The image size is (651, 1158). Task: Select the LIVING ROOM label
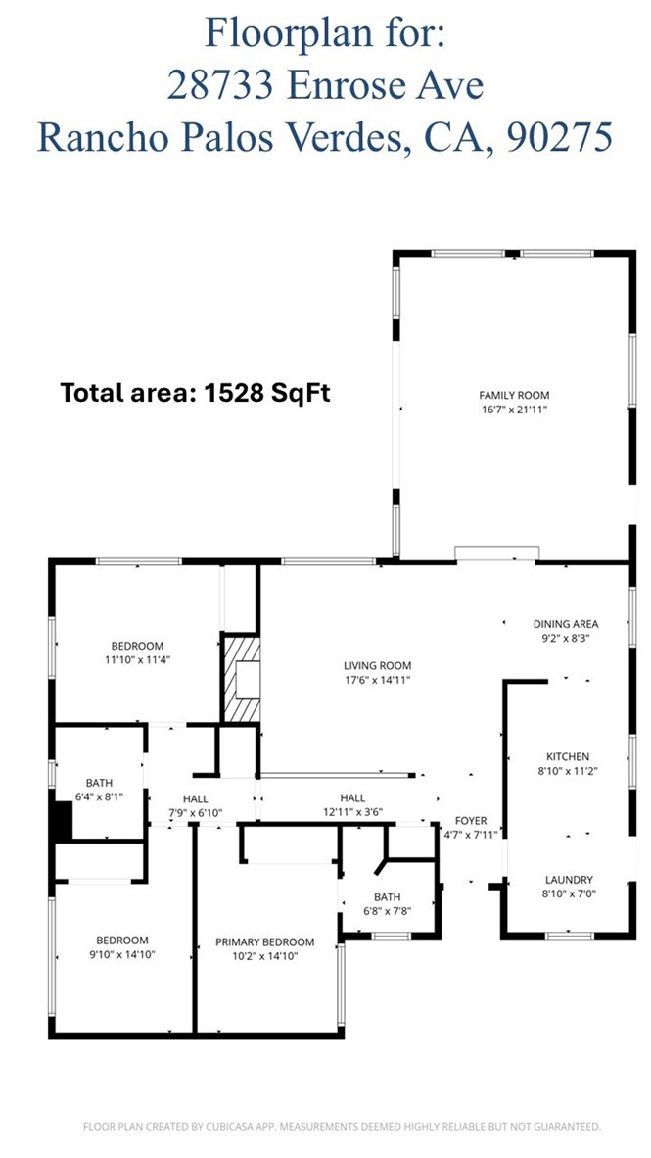(377, 665)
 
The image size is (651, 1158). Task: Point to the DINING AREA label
(565, 623)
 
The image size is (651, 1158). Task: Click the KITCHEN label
(567, 756)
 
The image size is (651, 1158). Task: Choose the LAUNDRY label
(567, 880)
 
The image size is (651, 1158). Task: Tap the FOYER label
(471, 821)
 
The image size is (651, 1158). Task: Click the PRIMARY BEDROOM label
(264, 941)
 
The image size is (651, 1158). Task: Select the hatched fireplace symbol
(241, 678)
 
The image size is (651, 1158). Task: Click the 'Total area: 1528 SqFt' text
(195, 393)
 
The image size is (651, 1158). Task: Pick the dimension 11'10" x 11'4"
(136, 659)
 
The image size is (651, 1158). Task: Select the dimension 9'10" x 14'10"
(122, 954)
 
